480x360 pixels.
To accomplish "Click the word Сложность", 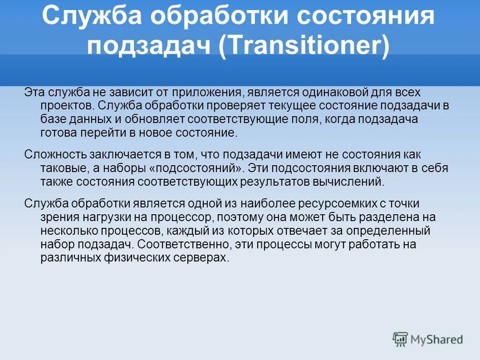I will pyautogui.click(x=52, y=155).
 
